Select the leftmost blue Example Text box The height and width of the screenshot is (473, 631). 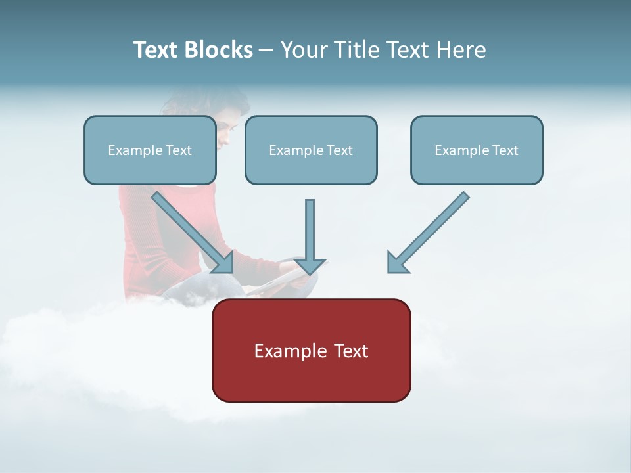(150, 150)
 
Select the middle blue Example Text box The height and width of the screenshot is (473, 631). (311, 150)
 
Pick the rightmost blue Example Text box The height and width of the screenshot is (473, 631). (477, 150)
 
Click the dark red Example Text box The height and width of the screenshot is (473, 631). (311, 350)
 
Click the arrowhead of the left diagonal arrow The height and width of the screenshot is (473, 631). (223, 263)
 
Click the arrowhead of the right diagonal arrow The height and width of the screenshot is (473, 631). (398, 263)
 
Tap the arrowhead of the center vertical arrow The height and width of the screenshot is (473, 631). (310, 265)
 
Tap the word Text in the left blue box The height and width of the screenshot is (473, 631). (179, 150)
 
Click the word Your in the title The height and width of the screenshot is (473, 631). (304, 50)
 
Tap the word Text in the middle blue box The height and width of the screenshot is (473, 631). (340, 150)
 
